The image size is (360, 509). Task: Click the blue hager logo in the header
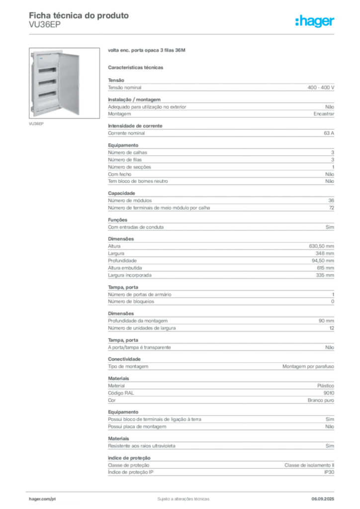[316, 21]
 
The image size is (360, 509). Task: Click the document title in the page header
[80, 15]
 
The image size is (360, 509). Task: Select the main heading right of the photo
[147, 51]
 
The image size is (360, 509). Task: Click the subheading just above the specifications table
[137, 67]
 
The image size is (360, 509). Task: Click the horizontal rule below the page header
[183, 34]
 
